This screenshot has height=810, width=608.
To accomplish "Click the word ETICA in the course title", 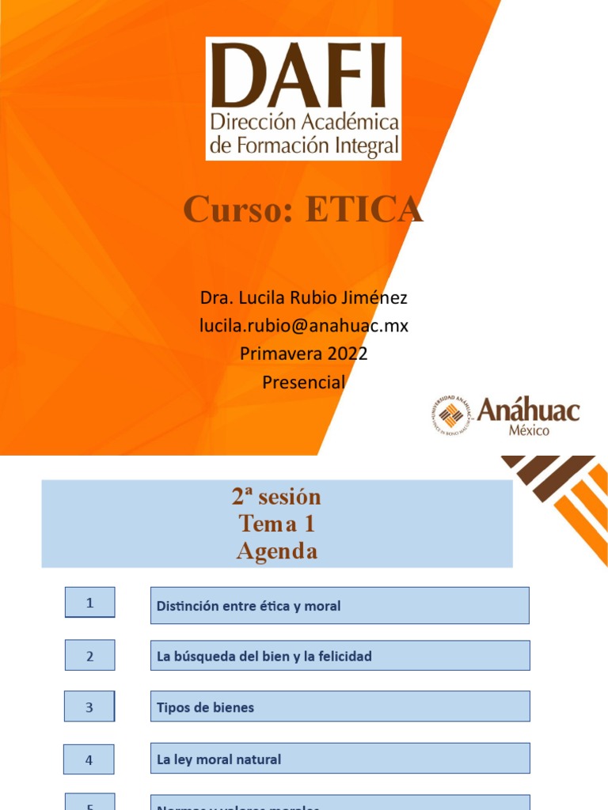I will click(x=364, y=210).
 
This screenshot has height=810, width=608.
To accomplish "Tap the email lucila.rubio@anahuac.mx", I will click(x=303, y=326).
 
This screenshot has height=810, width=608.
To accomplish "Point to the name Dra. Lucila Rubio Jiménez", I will click(x=303, y=298).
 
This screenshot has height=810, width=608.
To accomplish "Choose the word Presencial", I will click(x=303, y=382).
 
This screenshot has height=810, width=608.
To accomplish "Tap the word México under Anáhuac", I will click(x=528, y=430).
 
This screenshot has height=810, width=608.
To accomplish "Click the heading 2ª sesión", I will click(x=276, y=497).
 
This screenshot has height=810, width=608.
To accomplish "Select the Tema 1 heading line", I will click(x=276, y=524).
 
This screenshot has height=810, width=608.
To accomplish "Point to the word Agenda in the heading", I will click(x=276, y=551).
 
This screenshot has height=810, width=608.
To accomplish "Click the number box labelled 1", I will click(x=89, y=603).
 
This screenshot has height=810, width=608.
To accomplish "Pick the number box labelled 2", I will click(x=89, y=656).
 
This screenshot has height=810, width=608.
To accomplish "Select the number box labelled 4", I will click(x=89, y=760).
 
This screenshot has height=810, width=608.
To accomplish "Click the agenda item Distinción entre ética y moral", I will click(x=249, y=607).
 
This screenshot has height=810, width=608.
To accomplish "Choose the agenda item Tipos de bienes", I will click(x=206, y=708).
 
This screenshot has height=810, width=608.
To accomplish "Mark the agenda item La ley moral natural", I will click(x=219, y=760).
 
